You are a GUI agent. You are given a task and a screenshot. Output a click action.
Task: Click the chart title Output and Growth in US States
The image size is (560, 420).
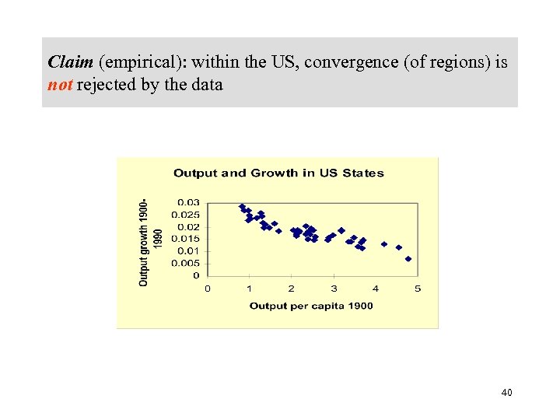pyautogui.click(x=278, y=173)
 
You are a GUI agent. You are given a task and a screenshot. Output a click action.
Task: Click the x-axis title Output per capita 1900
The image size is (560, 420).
pyautogui.click(x=311, y=306)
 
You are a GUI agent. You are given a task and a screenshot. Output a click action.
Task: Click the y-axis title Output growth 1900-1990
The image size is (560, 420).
pyautogui.click(x=150, y=240)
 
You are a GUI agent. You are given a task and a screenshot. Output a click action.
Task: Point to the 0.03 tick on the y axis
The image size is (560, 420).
pyautogui.click(x=190, y=202)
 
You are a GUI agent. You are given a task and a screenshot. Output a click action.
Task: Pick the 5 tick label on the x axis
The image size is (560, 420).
pyautogui.click(x=418, y=289)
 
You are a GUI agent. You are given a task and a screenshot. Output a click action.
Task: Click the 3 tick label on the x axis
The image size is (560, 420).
pyautogui.click(x=334, y=289)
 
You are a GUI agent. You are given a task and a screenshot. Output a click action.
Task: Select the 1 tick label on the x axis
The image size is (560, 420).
pyautogui.click(x=250, y=289)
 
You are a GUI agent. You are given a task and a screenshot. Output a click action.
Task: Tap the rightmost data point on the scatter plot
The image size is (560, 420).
pyautogui.click(x=408, y=259)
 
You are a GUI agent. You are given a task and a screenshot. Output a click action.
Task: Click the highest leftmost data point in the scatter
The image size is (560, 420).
pyautogui.click(x=242, y=207)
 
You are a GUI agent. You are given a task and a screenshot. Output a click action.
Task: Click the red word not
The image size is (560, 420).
pyautogui.click(x=60, y=85)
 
